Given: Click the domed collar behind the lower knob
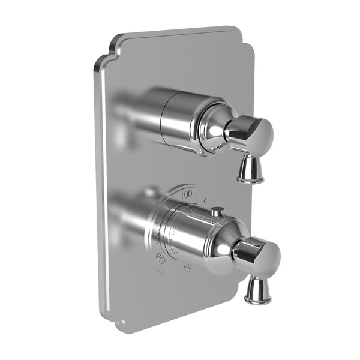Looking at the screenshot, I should [x=232, y=246].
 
